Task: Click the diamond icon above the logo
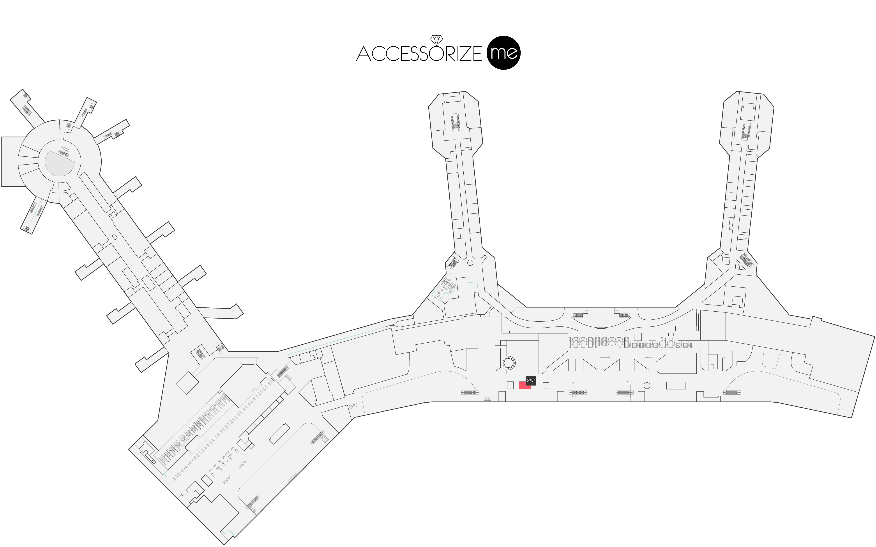pyautogui.click(x=436, y=39)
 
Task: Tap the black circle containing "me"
pyautogui.click(x=504, y=53)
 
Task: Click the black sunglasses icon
pyautogui.click(x=531, y=380)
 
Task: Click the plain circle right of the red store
pyautogui.click(x=647, y=386)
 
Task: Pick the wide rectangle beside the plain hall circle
pyautogui.click(x=676, y=386)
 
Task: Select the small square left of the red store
pyautogui.click(x=510, y=385)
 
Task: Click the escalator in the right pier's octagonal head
pyautogui.click(x=746, y=131)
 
